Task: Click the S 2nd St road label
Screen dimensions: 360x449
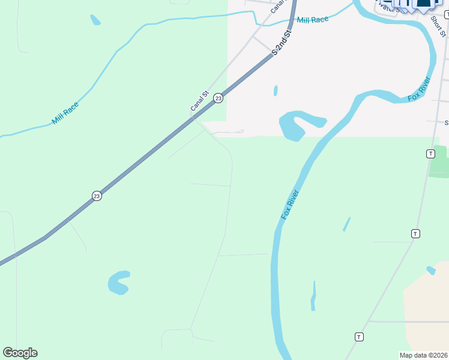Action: [282, 43]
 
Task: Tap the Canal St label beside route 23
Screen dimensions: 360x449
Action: [199, 100]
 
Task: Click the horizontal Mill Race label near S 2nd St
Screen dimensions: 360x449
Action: [313, 20]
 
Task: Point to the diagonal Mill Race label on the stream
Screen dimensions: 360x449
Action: [65, 113]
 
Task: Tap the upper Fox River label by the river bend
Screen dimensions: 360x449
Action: [419, 89]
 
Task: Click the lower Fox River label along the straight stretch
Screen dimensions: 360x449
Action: [290, 204]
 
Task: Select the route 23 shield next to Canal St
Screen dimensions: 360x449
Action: [218, 98]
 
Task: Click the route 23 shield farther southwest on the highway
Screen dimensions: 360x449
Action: [97, 196]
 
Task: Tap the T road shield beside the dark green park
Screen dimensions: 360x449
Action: [430, 154]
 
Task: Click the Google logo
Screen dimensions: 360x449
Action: [20, 353]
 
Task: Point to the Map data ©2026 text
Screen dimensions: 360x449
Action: [424, 355]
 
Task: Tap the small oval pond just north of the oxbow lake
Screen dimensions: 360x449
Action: [276, 91]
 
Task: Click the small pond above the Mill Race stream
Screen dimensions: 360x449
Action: [95, 20]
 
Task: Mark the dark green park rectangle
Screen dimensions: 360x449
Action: [439, 162]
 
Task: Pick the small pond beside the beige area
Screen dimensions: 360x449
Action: [431, 271]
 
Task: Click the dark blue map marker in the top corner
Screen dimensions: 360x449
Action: [424, 5]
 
